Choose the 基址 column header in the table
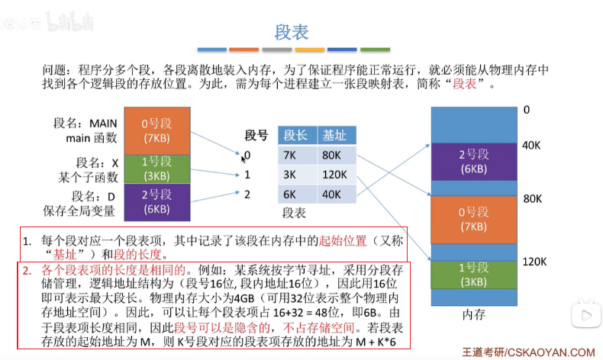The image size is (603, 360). point(335,135)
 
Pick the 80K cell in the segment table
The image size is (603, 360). point(334,155)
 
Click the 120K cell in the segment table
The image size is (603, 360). point(335,175)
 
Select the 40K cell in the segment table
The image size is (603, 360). point(334,194)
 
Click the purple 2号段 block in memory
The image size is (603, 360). point(473,161)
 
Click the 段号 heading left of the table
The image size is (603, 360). point(256,136)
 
